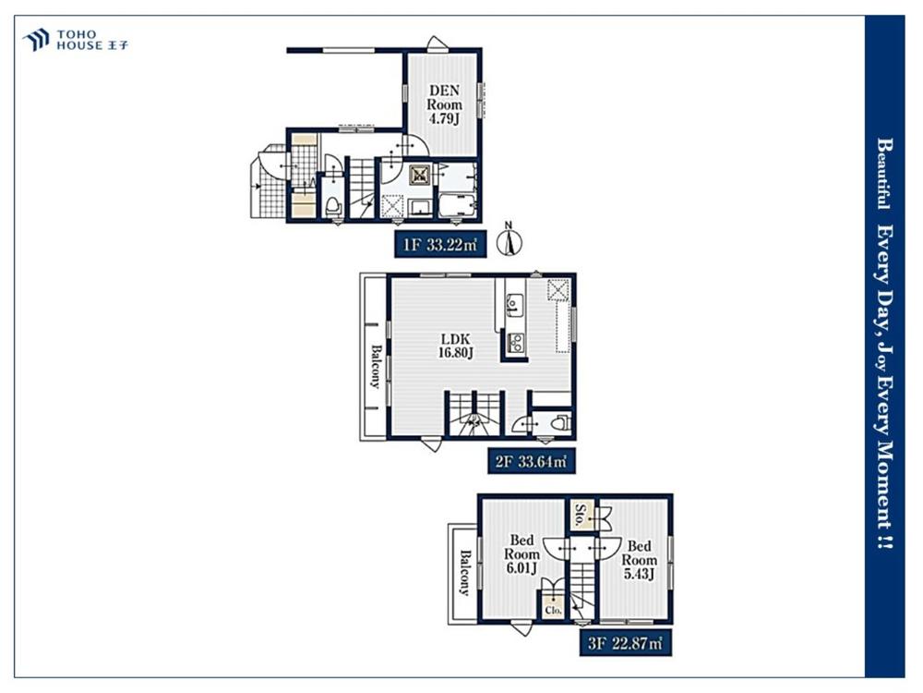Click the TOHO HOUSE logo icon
(x=36, y=40)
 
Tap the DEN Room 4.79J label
(x=445, y=104)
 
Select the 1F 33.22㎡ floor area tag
(x=440, y=245)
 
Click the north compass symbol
(x=509, y=239)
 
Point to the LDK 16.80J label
(x=456, y=346)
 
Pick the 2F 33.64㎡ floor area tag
(x=531, y=461)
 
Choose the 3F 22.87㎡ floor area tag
(x=625, y=643)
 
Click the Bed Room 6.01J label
(x=521, y=553)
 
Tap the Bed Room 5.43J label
(x=640, y=560)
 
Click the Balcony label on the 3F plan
(x=465, y=573)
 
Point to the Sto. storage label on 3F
(x=581, y=515)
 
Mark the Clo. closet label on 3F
(x=553, y=610)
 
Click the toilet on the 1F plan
(x=333, y=207)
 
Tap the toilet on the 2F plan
(x=560, y=422)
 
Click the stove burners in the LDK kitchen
(x=516, y=343)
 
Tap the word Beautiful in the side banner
(x=883, y=174)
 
